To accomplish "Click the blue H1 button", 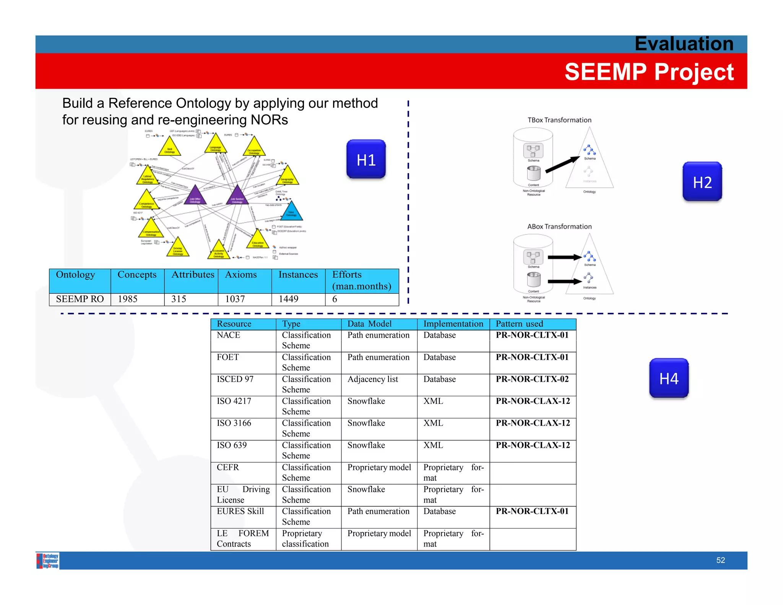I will (x=366, y=159).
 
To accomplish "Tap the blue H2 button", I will (x=702, y=182).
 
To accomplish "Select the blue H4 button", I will (x=669, y=378).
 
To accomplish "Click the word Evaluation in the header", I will (x=684, y=44).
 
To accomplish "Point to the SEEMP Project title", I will (x=649, y=72).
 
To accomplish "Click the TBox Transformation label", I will (x=559, y=120).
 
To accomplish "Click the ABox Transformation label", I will (x=559, y=226).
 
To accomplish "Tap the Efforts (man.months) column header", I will (x=362, y=280).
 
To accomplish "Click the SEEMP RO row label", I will (x=80, y=299).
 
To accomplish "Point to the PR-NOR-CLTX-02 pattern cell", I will (x=532, y=379).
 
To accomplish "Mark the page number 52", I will (x=720, y=560).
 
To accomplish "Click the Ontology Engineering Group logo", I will (x=48, y=561).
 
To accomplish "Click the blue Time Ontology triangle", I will (x=292, y=212).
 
